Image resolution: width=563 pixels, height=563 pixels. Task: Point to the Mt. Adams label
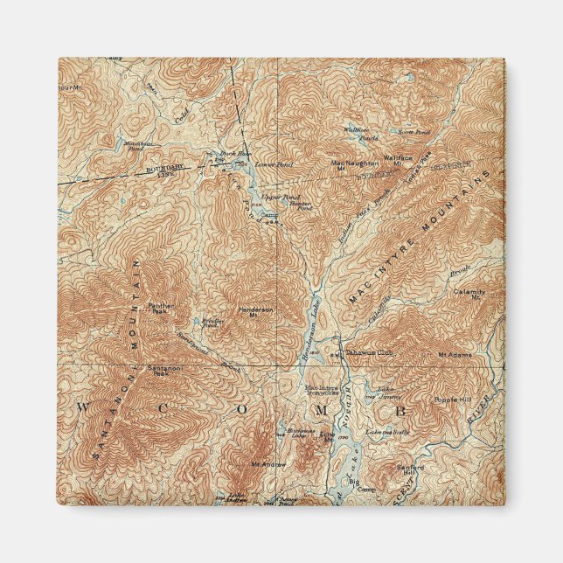[455, 355]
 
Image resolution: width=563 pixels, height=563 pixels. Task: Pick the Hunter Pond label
[299, 206]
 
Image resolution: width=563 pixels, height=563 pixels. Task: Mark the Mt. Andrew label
[268, 463]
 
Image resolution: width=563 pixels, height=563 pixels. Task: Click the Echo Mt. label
[327, 434]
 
